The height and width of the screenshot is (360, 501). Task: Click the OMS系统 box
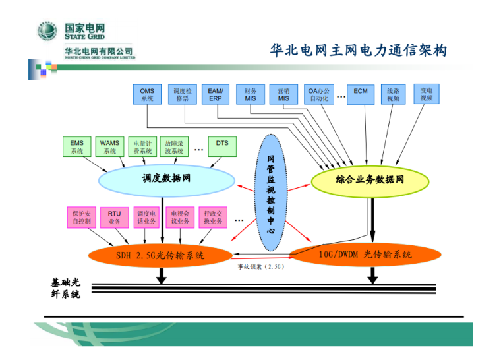coord(147,94)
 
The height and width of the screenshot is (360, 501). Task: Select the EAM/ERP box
coord(216,94)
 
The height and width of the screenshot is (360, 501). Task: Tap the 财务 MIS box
coord(250,94)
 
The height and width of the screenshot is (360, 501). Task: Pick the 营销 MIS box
coord(283,94)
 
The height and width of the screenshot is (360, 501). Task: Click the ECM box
coord(361,94)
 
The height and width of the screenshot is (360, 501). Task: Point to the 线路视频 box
coord(394,94)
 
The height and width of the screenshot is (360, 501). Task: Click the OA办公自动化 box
coord(319,94)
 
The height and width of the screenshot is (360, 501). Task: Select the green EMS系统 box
coord(77,146)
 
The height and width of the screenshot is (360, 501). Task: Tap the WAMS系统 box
coord(109,146)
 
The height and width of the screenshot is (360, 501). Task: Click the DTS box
coord(222,146)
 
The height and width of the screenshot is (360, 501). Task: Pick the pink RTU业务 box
coord(115,217)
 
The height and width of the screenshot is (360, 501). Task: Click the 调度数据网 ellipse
coord(166,178)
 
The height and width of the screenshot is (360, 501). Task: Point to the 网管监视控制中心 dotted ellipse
coord(272,191)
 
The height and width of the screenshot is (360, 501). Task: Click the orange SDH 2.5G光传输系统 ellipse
coord(160,255)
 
